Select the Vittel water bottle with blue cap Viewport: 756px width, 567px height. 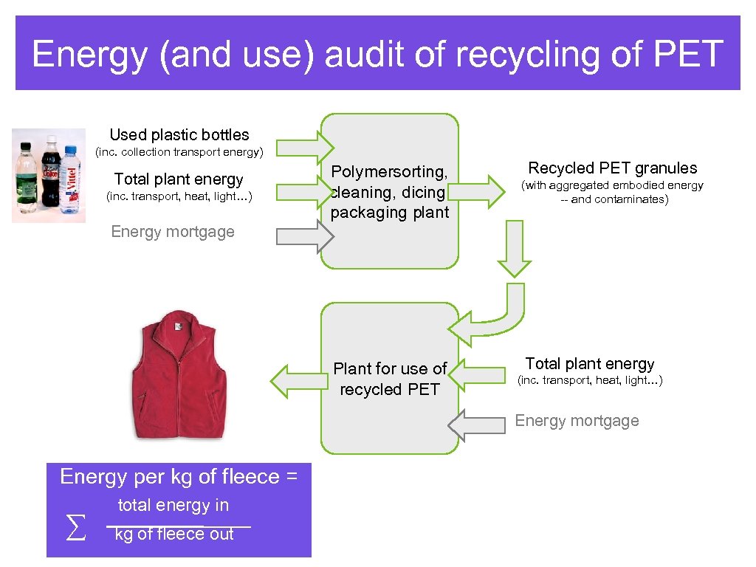point(70,179)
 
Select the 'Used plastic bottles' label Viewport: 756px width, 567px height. point(179,134)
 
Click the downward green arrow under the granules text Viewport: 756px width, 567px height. point(514,250)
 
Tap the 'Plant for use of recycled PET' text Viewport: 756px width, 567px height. point(390,379)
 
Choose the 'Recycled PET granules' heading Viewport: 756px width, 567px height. point(613,168)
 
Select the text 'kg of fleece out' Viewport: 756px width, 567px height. point(175,534)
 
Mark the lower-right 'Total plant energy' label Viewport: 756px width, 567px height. point(590,363)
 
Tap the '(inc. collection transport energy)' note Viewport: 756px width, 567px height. point(180,152)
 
